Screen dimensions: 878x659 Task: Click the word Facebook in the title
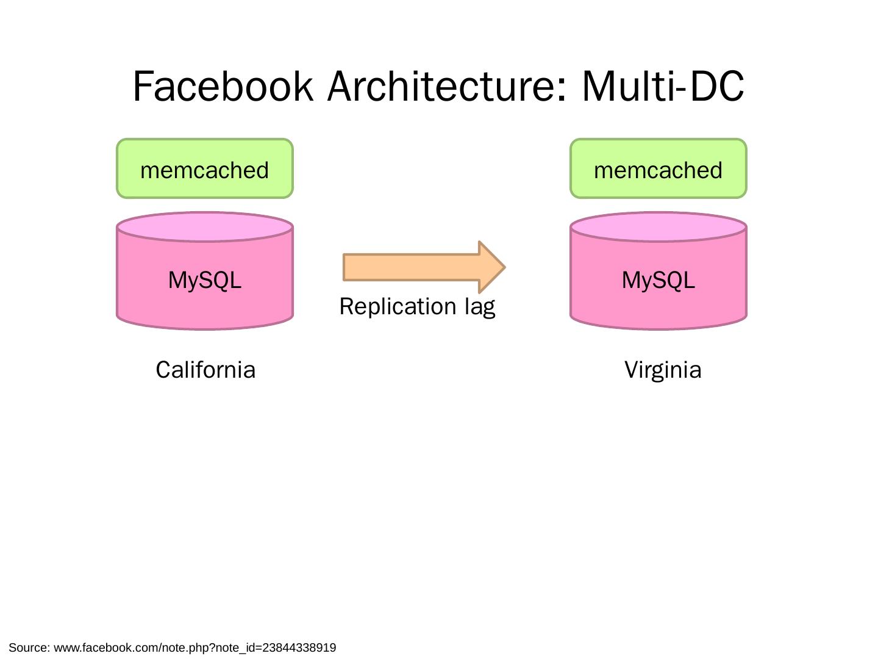pyautogui.click(x=222, y=87)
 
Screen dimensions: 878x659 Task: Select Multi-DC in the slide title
pyautogui.click(x=663, y=87)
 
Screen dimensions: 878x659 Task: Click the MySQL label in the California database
pyautogui.click(x=205, y=280)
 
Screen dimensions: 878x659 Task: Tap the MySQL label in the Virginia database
pyautogui.click(x=659, y=280)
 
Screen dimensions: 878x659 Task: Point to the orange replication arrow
pyautogui.click(x=415, y=267)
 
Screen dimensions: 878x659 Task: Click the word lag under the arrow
pyautogui.click(x=479, y=307)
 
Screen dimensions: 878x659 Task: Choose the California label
pyautogui.click(x=205, y=370)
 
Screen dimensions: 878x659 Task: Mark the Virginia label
pyautogui.click(x=663, y=370)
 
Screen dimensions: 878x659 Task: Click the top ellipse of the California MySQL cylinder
pyautogui.click(x=205, y=227)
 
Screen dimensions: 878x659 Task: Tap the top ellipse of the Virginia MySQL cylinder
pyautogui.click(x=659, y=227)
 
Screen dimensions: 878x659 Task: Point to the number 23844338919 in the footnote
pyautogui.click(x=299, y=647)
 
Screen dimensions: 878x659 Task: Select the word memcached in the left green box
pyautogui.click(x=205, y=170)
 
